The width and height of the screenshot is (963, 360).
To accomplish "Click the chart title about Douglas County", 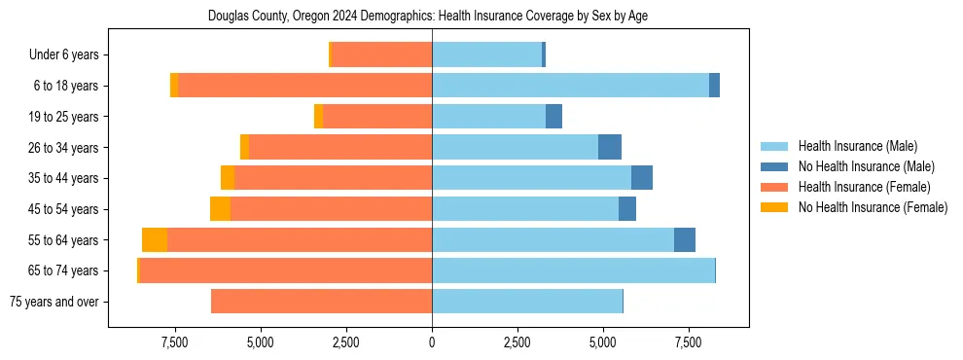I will coord(428,16).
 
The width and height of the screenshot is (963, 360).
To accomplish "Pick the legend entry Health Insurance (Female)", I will coord(865,187).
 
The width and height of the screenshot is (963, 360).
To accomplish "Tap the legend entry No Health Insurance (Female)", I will coord(872,207).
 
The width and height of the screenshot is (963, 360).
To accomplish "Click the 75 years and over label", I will coord(53,302).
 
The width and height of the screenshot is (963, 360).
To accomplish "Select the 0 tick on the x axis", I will coord(432,342).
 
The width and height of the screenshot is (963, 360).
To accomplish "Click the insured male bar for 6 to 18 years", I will coord(570,86).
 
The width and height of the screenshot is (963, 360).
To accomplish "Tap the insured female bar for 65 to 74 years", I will coord(286,270).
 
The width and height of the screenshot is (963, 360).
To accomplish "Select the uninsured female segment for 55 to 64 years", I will coord(155,240).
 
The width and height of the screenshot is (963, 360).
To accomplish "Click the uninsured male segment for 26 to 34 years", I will coord(610,148).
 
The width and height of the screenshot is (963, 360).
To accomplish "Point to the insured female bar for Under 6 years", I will coord(381,55).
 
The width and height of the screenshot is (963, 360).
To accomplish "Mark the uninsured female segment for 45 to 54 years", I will coord(220,209).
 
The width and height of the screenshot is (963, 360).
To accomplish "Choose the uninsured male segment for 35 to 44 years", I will coord(642,178).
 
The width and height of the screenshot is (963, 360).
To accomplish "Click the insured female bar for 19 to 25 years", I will coord(377,117).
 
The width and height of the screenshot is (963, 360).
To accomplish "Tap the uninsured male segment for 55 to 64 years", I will coord(685,240).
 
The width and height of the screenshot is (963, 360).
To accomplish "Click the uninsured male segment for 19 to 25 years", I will coord(553,117).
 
